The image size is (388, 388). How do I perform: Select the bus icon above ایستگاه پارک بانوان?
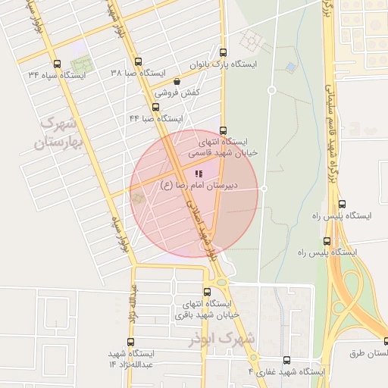click(223, 53)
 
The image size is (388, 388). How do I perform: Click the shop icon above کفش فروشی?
click(177, 80)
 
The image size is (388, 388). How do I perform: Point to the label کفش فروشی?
click(177, 92)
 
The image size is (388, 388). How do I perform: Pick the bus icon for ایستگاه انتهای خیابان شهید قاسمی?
click(223, 130)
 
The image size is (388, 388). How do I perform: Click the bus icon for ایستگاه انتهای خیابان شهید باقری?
click(208, 292)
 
